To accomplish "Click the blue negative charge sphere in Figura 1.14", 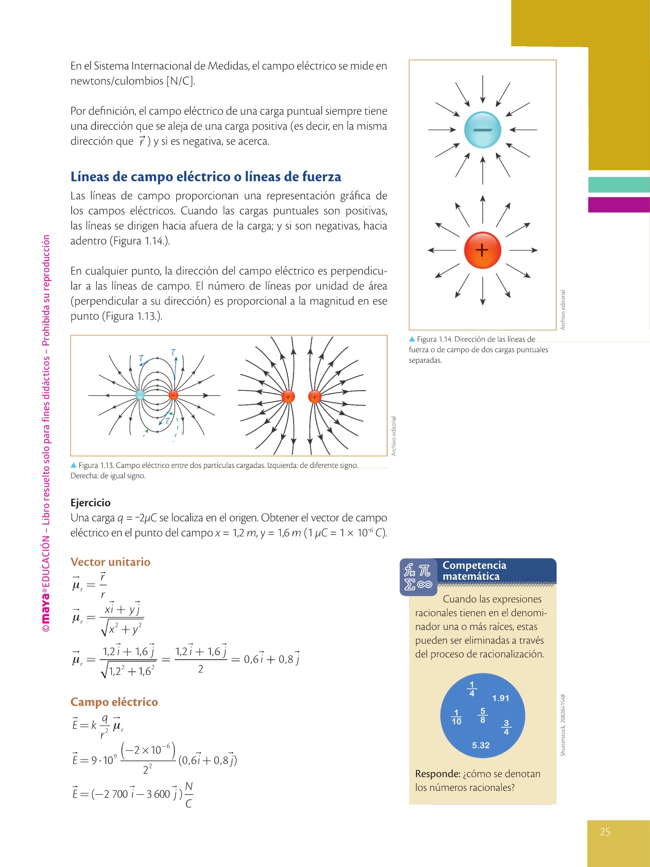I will [x=482, y=130].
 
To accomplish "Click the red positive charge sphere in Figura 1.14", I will [x=482, y=250].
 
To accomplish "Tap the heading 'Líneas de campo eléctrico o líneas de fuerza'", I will [x=206, y=177].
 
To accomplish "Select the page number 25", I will [x=605, y=831].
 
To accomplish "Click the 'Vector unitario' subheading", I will [x=110, y=562].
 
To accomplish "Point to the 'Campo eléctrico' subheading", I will [x=114, y=702].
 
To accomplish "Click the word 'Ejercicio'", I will [x=91, y=502].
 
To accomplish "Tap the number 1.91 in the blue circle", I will [x=500, y=698].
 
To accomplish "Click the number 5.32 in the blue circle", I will [x=481, y=745].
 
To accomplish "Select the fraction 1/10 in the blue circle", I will [x=456, y=717].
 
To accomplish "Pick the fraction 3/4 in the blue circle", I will [x=506, y=727].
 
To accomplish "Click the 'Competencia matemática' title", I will [x=474, y=571].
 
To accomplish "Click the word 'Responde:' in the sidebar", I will [x=438, y=774].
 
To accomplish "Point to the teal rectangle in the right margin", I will [x=619, y=184].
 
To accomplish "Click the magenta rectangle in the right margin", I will [x=619, y=204].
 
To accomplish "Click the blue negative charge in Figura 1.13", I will [x=140, y=395].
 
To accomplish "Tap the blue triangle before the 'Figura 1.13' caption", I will [x=74, y=465].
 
